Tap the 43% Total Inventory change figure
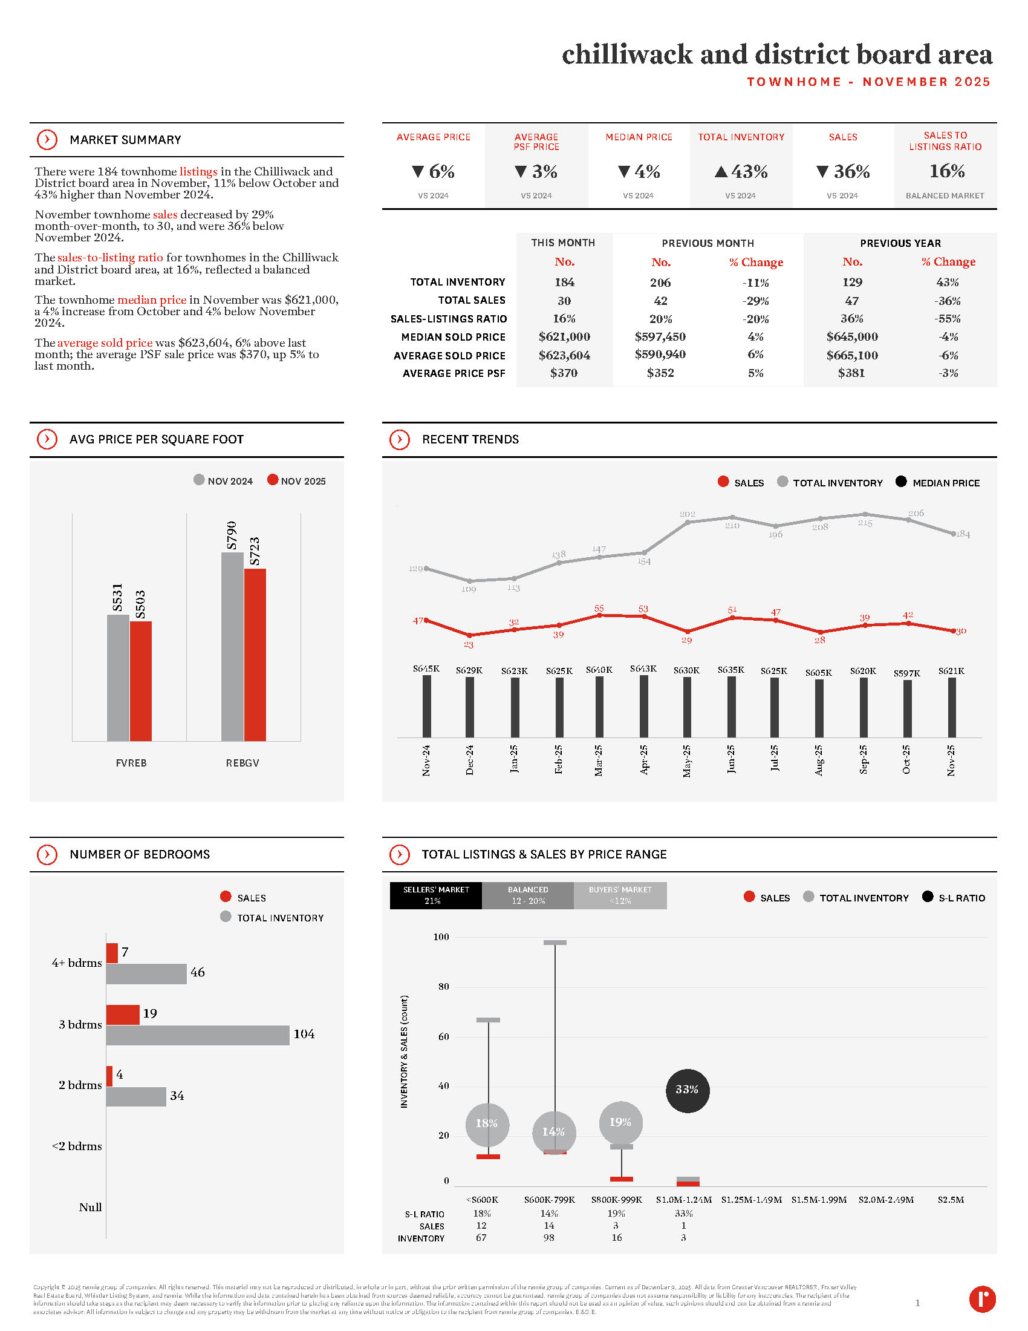[741, 172]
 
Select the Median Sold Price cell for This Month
[564, 337]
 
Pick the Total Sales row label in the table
[472, 301]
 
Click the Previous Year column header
[900, 243]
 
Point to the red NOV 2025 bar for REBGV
[255, 655]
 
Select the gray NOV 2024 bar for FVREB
[117, 678]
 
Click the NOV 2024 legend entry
[223, 481]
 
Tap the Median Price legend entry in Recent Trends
[938, 483]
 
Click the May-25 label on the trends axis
[687, 760]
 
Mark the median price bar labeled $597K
[907, 708]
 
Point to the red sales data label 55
[599, 609]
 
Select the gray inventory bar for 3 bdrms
[197, 1035]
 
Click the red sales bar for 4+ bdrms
[112, 953]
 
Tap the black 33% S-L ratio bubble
[687, 1090]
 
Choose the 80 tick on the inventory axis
[443, 987]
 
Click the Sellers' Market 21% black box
[435, 895]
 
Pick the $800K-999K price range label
[616, 1199]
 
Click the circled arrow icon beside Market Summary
[47, 140]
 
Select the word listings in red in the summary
[198, 172]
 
